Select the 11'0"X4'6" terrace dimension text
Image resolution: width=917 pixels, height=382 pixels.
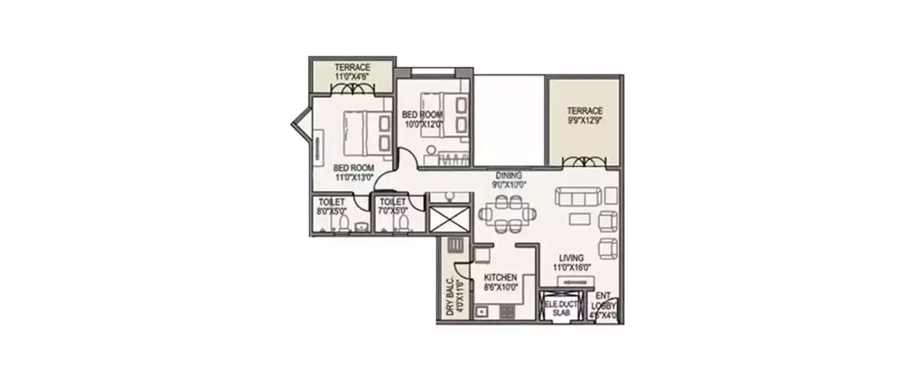click(x=352, y=76)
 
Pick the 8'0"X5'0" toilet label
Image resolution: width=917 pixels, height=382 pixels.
click(x=331, y=211)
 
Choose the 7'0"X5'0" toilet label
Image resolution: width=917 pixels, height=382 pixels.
click(x=392, y=211)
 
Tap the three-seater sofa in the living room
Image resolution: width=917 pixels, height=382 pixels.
click(x=578, y=197)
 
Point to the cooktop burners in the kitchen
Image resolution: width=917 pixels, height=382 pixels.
click(x=507, y=312)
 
